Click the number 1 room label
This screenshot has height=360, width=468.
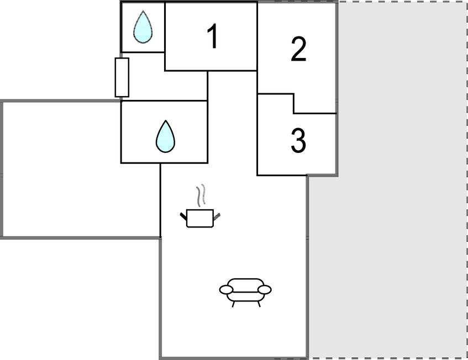tap(212, 37)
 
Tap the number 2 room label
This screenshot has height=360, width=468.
tap(298, 50)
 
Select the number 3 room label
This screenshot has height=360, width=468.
tap(298, 141)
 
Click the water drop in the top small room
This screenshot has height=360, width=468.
tap(143, 28)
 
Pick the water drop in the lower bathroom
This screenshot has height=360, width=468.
tap(165, 136)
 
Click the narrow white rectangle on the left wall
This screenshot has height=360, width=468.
tap(122, 77)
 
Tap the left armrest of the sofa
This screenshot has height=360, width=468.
tap(227, 289)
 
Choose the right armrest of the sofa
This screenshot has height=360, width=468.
tap(265, 289)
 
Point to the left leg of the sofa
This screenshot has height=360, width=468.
tap(234, 304)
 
